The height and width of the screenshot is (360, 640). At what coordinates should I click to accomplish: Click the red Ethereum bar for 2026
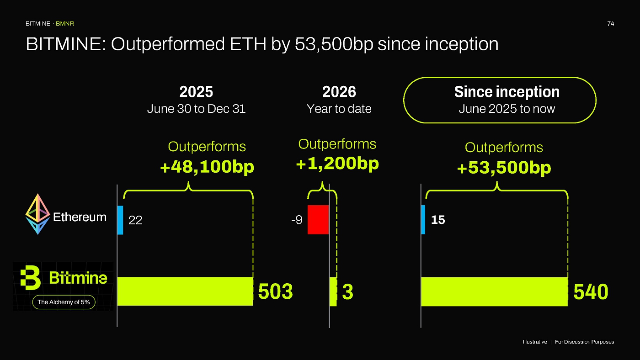[318, 220]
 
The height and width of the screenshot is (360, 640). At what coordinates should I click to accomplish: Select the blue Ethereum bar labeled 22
[120, 220]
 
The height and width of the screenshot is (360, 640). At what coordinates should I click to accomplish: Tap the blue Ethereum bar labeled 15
[423, 220]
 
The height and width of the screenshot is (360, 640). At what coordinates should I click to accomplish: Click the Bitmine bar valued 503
[185, 291]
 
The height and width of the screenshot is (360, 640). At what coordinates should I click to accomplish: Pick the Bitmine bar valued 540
[494, 292]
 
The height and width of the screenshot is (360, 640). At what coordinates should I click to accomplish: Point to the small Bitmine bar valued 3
[333, 292]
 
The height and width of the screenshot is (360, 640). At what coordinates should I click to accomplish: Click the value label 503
[275, 291]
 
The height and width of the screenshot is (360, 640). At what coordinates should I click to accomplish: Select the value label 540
[591, 292]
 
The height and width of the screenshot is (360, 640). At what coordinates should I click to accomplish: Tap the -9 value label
[297, 220]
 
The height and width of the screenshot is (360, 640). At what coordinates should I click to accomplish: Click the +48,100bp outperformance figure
[207, 167]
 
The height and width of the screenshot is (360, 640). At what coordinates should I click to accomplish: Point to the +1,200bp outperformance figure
[337, 164]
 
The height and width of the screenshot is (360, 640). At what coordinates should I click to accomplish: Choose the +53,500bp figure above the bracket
[504, 168]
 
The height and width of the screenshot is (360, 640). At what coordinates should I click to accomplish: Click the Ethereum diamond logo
[37, 214]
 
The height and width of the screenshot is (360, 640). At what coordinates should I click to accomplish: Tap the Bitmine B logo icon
[30, 278]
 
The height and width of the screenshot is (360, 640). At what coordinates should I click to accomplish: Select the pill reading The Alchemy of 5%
[64, 302]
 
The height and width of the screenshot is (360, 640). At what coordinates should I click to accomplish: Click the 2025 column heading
[196, 92]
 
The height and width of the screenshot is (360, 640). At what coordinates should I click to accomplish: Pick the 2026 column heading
[339, 92]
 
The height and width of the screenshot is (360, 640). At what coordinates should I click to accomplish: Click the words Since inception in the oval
[507, 92]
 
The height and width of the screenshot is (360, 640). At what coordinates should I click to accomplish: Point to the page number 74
[611, 24]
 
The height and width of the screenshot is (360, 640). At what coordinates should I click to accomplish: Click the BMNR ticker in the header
[65, 24]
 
